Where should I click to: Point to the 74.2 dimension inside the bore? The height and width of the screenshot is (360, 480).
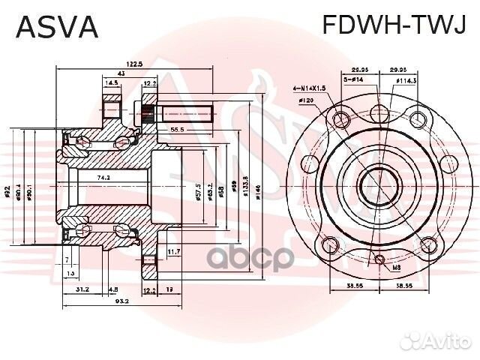103,178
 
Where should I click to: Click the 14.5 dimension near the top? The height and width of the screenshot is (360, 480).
112,83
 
